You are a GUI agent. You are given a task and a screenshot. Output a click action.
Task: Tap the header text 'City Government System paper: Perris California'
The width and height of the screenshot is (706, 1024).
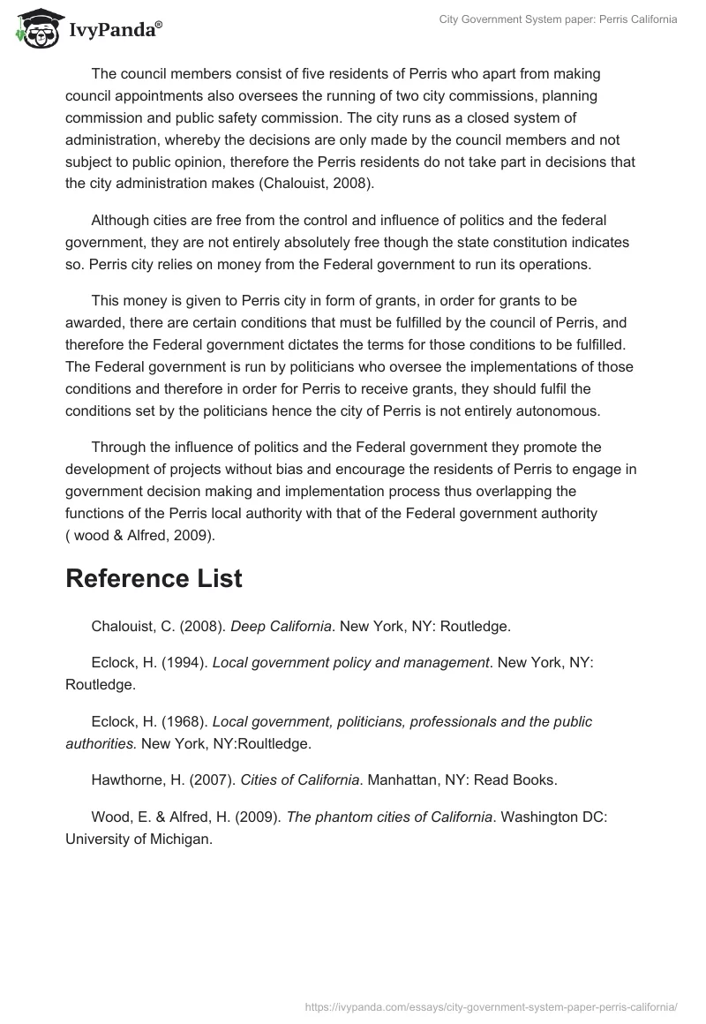pyautogui.click(x=558, y=19)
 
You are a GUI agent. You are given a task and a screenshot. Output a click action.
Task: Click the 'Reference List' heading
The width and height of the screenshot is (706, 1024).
pyautogui.click(x=154, y=579)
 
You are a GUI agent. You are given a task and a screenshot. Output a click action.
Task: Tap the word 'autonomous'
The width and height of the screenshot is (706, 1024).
pyautogui.click(x=551, y=411)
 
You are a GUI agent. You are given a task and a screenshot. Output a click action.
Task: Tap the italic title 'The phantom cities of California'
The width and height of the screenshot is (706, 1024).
pyautogui.click(x=389, y=817)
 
